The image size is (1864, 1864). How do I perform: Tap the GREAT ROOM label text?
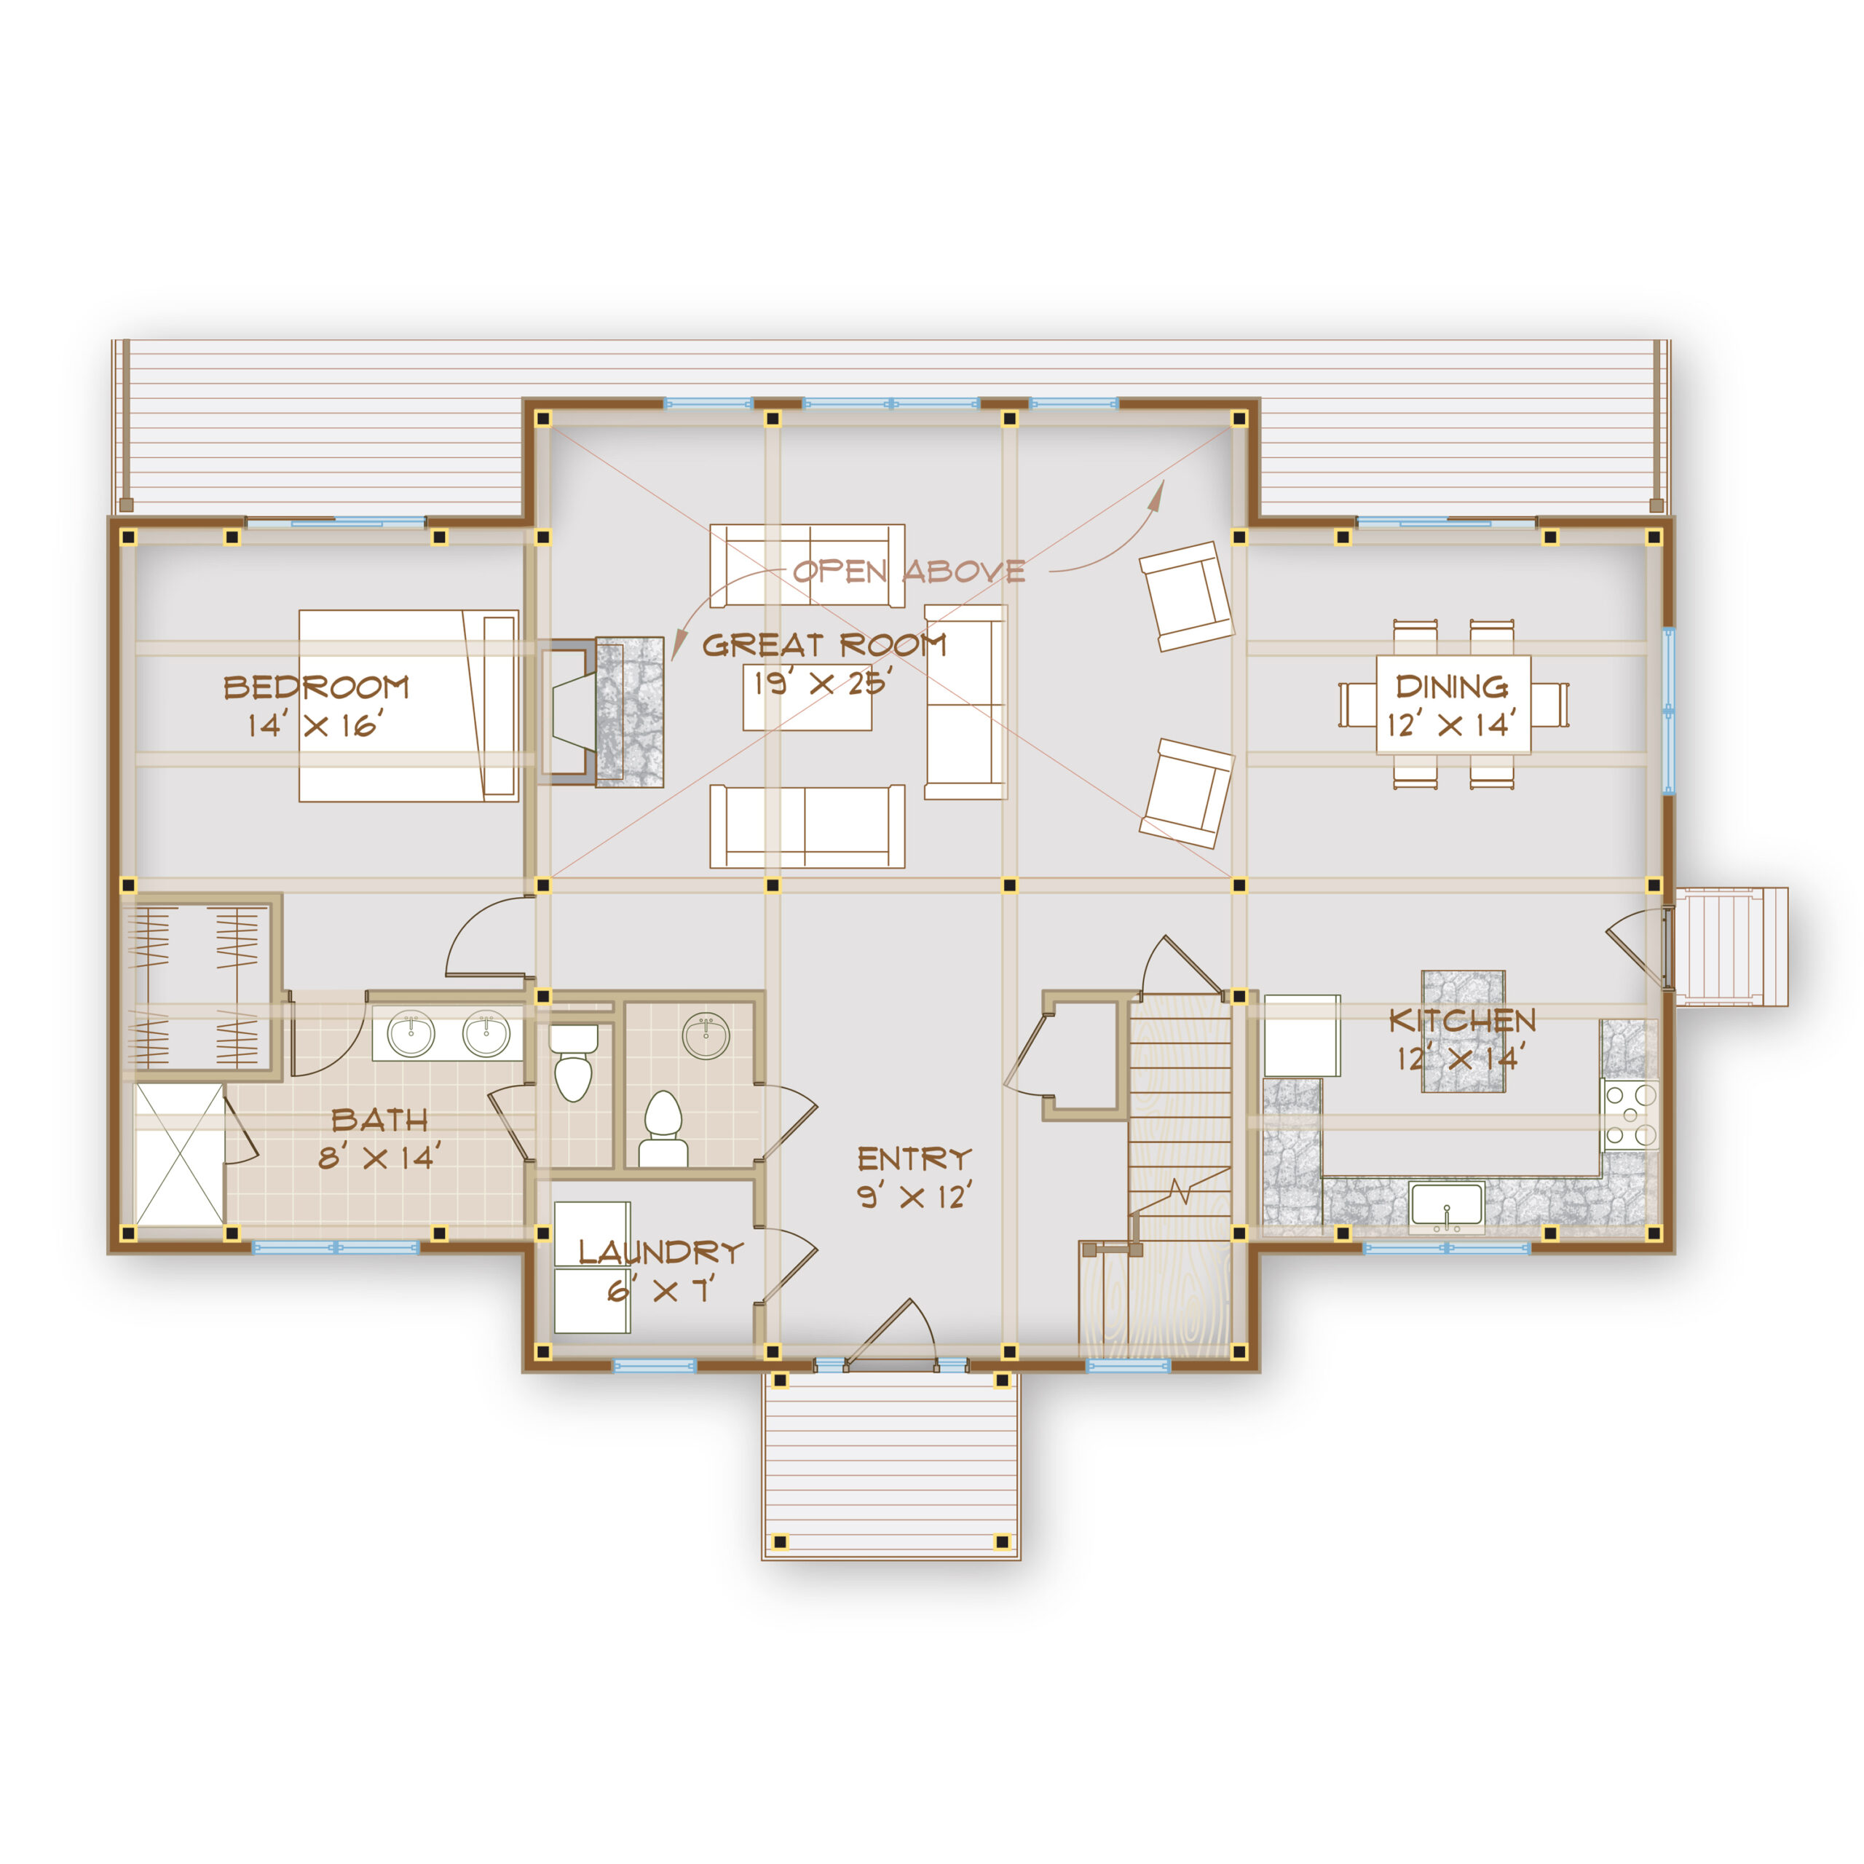[x=824, y=644]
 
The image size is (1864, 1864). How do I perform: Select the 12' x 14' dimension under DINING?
[x=1451, y=724]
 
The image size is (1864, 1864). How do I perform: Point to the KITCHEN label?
[x=1461, y=1020]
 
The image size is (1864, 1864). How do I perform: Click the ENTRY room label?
[x=914, y=1158]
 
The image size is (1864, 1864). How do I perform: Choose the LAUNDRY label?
[x=661, y=1252]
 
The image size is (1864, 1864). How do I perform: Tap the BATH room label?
[x=379, y=1120]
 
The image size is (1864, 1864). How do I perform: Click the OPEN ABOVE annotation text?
[x=909, y=571]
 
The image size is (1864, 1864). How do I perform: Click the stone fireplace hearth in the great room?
[x=629, y=711]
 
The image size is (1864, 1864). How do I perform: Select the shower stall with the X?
[x=179, y=1155]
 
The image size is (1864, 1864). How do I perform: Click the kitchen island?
[x=1464, y=1031]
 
